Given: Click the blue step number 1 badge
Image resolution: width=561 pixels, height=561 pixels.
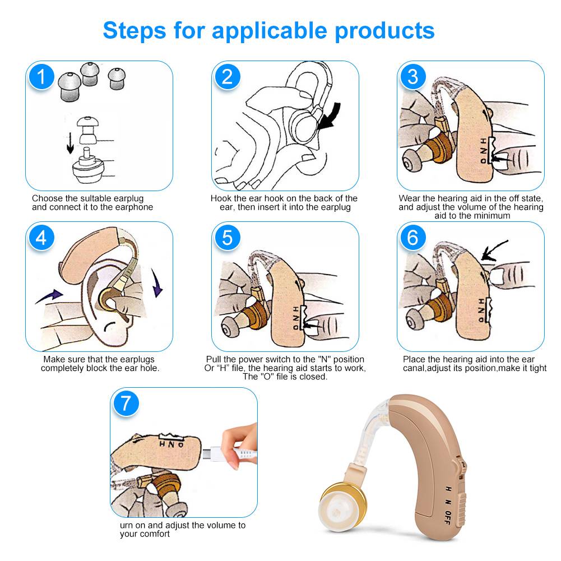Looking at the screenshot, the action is (x=41, y=77).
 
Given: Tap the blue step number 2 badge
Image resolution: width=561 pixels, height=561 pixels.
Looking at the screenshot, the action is (x=227, y=77).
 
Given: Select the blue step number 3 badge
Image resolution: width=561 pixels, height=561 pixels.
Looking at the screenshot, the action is (x=413, y=77).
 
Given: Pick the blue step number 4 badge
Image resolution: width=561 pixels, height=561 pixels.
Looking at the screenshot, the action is (x=41, y=238).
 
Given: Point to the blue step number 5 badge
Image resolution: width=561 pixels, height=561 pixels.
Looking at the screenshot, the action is (x=227, y=238).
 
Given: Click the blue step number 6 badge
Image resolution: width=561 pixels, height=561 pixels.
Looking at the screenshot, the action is (x=413, y=238).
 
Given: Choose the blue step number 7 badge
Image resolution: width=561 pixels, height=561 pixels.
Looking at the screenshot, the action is (x=126, y=403).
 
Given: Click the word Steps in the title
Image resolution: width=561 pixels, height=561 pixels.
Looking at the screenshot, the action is (x=135, y=31).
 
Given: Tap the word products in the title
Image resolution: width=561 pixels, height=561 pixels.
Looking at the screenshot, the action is (x=384, y=31).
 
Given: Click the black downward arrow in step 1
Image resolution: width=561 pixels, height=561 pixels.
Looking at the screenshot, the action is (x=71, y=143).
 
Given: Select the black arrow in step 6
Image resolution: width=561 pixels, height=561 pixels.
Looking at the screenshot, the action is (x=494, y=250).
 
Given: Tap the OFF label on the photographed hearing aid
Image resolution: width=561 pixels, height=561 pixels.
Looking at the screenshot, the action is (x=447, y=518).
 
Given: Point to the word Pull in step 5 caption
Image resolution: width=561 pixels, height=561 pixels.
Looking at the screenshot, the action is (x=214, y=359).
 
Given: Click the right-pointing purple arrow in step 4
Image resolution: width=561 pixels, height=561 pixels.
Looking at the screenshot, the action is (x=49, y=296).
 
